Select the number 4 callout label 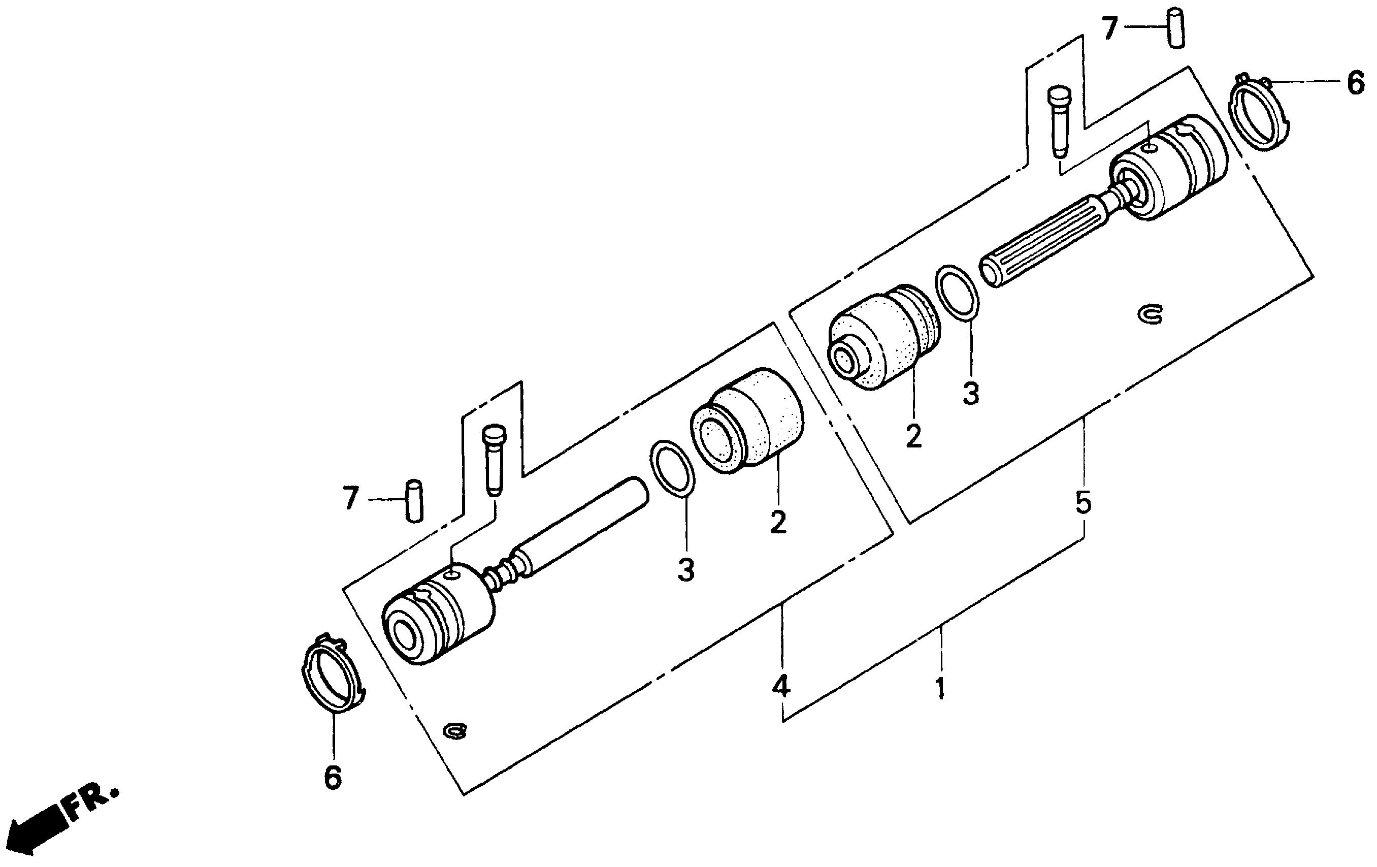tap(781, 686)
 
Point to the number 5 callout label tap(1083, 503)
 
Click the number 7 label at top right tap(1110, 28)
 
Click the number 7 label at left tap(350, 498)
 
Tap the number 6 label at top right tap(1355, 83)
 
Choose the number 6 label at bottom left tap(333, 778)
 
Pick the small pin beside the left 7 tap(413, 501)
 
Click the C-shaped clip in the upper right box tap(1150, 314)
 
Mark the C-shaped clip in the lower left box tap(456, 731)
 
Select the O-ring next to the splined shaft tap(957, 291)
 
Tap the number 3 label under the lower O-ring tap(685, 569)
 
